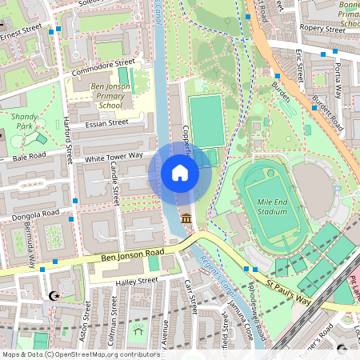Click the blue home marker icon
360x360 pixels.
pos(180,172)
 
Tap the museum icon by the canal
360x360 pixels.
pos(186,218)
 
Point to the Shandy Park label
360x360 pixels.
pos(28,121)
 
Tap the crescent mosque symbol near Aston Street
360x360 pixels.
pos(54,296)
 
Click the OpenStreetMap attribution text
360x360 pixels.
pos(80,354)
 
